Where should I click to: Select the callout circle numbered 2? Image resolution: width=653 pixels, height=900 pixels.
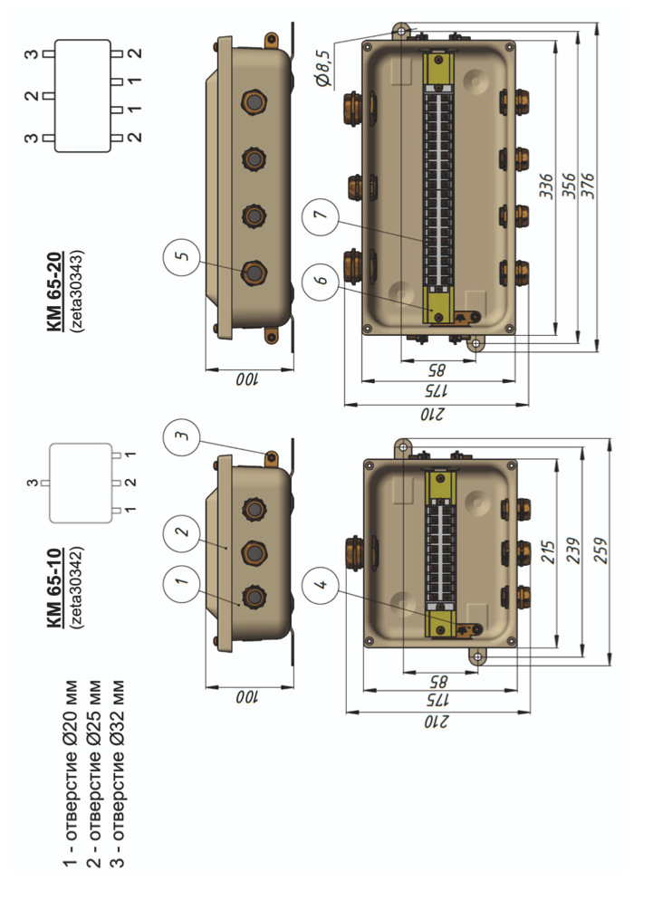[182, 531]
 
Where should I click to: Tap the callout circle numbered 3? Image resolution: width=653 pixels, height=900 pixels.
[182, 436]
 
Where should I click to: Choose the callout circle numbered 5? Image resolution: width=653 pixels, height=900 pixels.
[182, 257]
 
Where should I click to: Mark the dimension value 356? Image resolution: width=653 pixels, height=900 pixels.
[568, 188]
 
